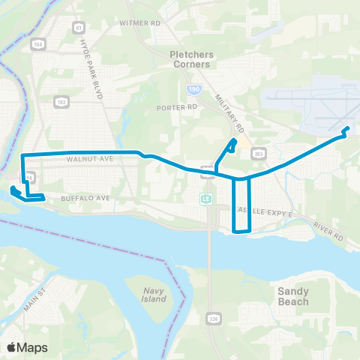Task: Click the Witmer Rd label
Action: (140, 23)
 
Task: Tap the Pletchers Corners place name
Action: (193, 59)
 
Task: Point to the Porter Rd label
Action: (176, 107)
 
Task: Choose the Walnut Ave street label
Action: (89, 159)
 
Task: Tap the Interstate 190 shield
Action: (194, 88)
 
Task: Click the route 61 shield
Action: (79, 27)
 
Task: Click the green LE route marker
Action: (203, 199)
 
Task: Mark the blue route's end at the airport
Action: (347, 130)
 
